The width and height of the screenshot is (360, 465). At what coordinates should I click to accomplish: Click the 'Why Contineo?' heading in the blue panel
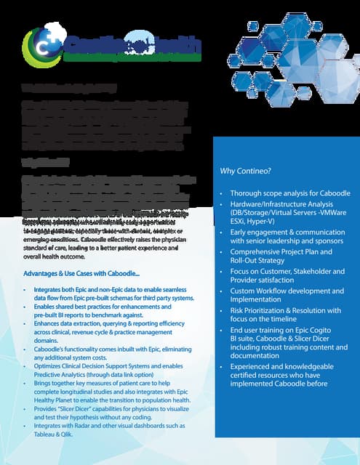click(244, 171)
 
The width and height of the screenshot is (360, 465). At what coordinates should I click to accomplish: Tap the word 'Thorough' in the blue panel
click(249, 194)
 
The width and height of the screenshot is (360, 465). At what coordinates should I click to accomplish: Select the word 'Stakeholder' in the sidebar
click(311, 271)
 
